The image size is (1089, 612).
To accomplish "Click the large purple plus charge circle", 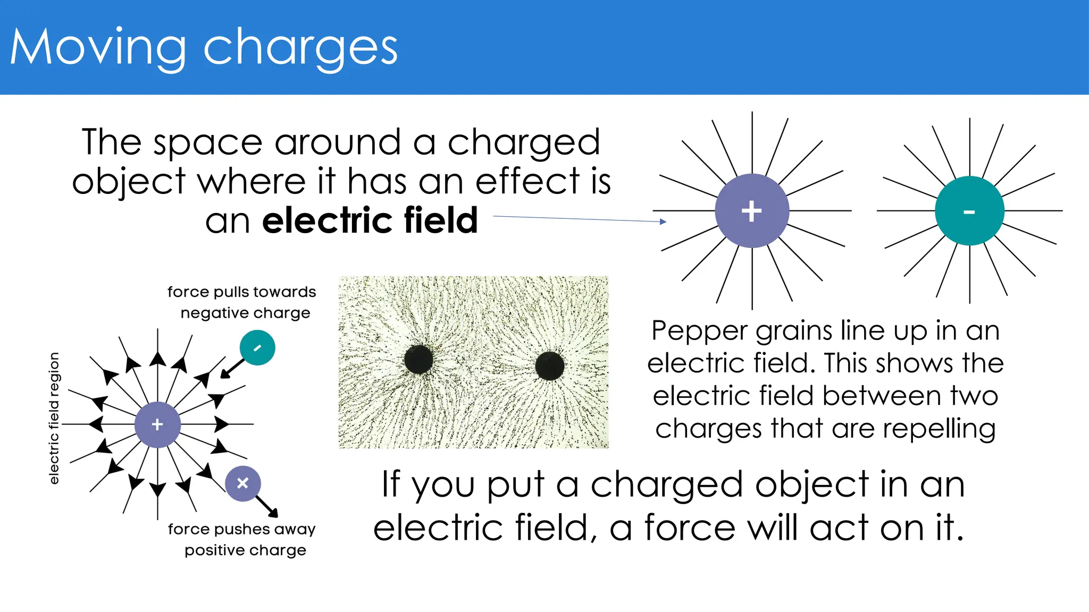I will point(752,211).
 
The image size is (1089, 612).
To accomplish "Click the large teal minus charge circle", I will point(969,211).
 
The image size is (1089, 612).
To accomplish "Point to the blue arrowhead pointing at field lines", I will point(663,222).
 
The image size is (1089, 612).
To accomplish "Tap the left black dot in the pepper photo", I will point(418,360).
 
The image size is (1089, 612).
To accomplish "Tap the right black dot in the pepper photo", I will point(550,365).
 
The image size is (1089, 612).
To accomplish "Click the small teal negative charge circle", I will point(257,348).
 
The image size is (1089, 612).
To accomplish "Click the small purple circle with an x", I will point(242,483).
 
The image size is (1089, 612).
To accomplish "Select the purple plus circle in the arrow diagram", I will point(157,424).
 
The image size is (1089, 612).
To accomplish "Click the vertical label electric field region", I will point(54,418).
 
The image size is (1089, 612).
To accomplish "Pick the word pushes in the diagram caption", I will point(242,529).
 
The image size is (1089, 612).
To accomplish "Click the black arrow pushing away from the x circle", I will point(267,506).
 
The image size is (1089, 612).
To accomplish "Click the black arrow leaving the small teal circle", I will point(232,368).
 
